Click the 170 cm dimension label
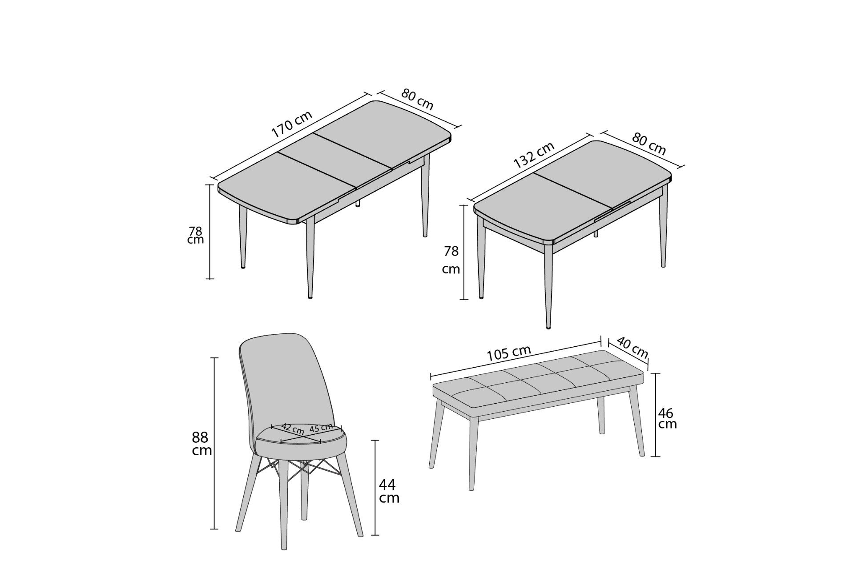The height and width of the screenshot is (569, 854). click(292, 123)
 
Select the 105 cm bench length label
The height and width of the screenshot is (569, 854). click(509, 353)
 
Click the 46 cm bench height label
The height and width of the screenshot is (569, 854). click(667, 418)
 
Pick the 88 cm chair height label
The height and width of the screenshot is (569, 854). click(201, 443)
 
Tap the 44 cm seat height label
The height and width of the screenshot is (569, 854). click(389, 491)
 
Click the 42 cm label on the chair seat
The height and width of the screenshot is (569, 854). click(293, 429)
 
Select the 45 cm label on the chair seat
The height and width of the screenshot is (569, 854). click(321, 428)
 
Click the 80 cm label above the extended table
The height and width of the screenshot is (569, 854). click(417, 99)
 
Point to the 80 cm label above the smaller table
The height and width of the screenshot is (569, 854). click(649, 144)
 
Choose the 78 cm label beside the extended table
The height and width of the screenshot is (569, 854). click(195, 235)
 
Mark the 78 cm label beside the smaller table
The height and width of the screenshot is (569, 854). click(451, 260)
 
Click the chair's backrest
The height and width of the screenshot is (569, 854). click(285, 382)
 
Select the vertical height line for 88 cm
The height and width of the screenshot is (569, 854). click(214, 443)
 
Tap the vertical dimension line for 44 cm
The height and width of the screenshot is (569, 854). click(376, 488)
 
